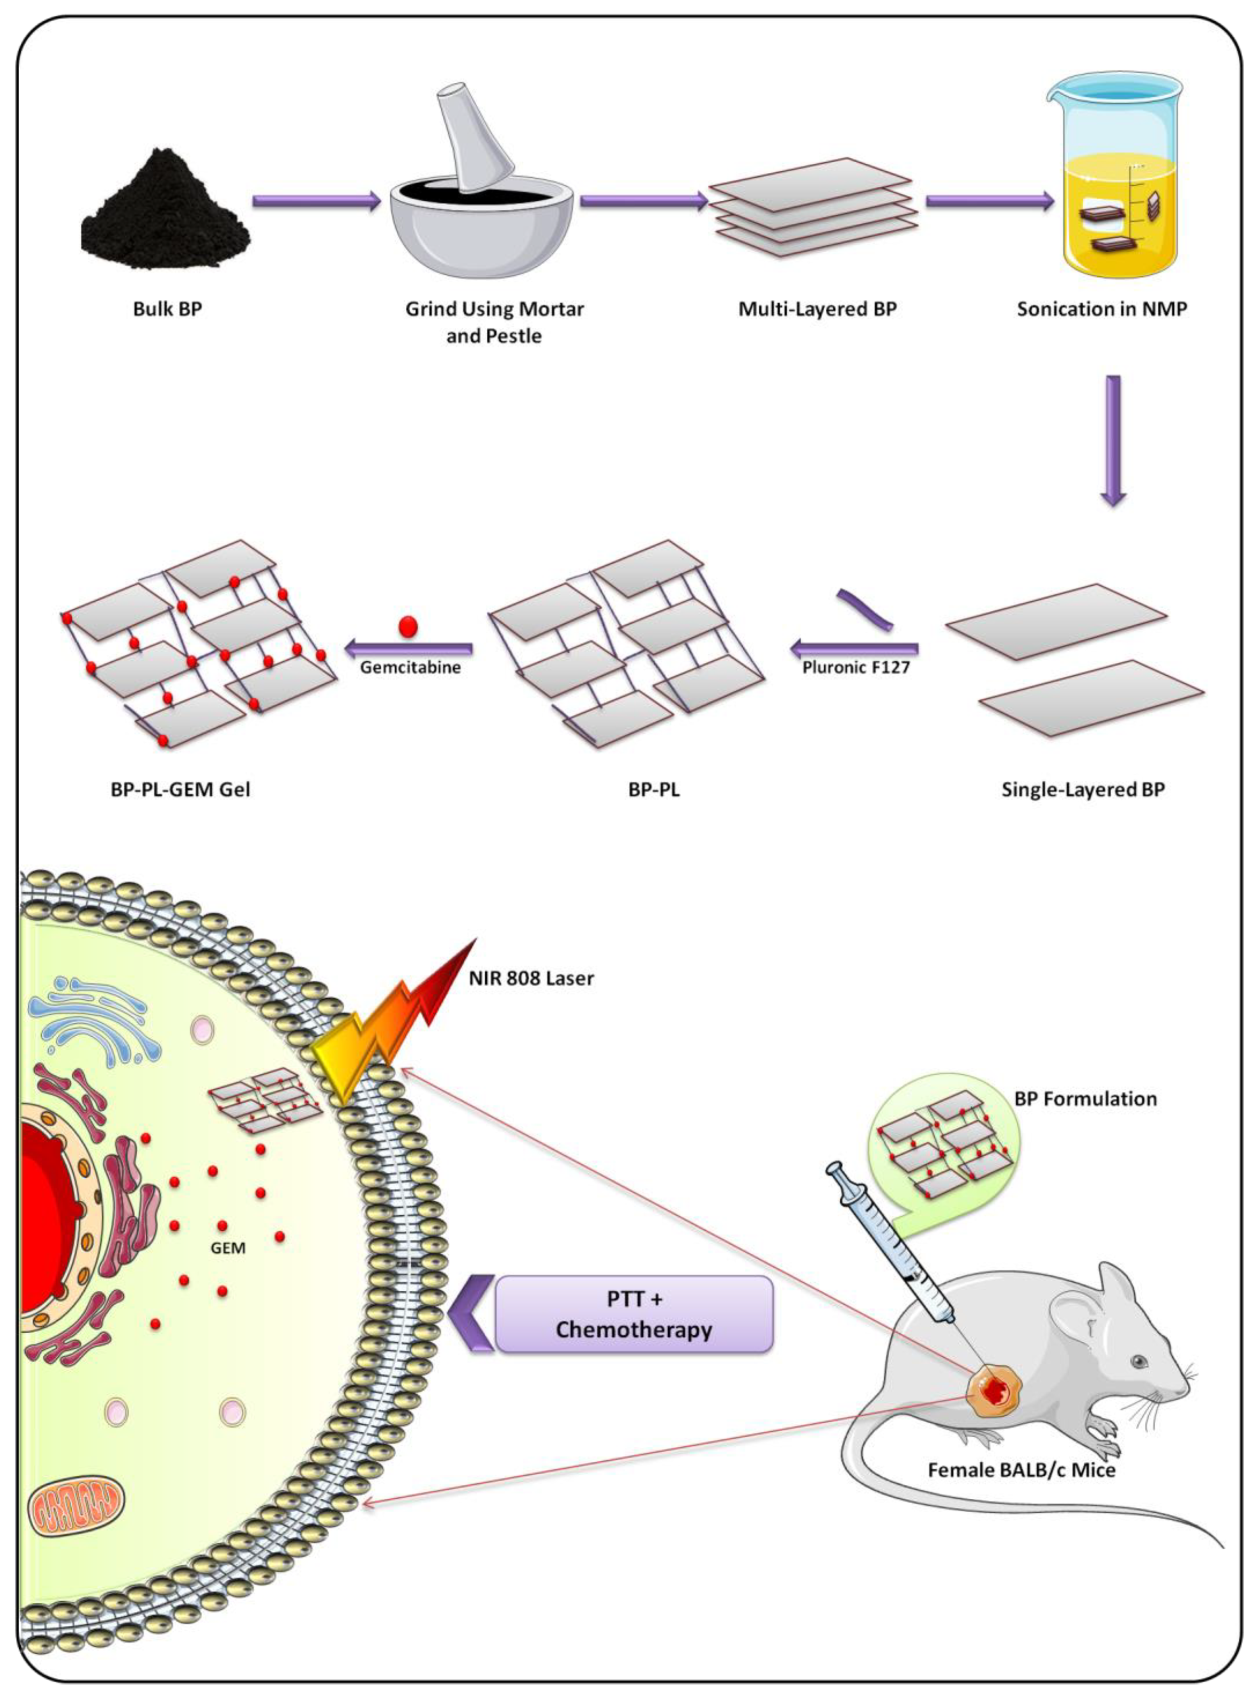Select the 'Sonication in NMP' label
[1101, 309]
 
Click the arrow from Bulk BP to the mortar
[315, 201]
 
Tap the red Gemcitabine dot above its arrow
[408, 626]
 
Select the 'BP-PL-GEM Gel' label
[181, 789]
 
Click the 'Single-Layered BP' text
[1082, 789]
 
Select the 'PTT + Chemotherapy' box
[634, 1314]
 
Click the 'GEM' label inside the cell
[228, 1249]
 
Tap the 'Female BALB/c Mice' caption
[1021, 1470]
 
